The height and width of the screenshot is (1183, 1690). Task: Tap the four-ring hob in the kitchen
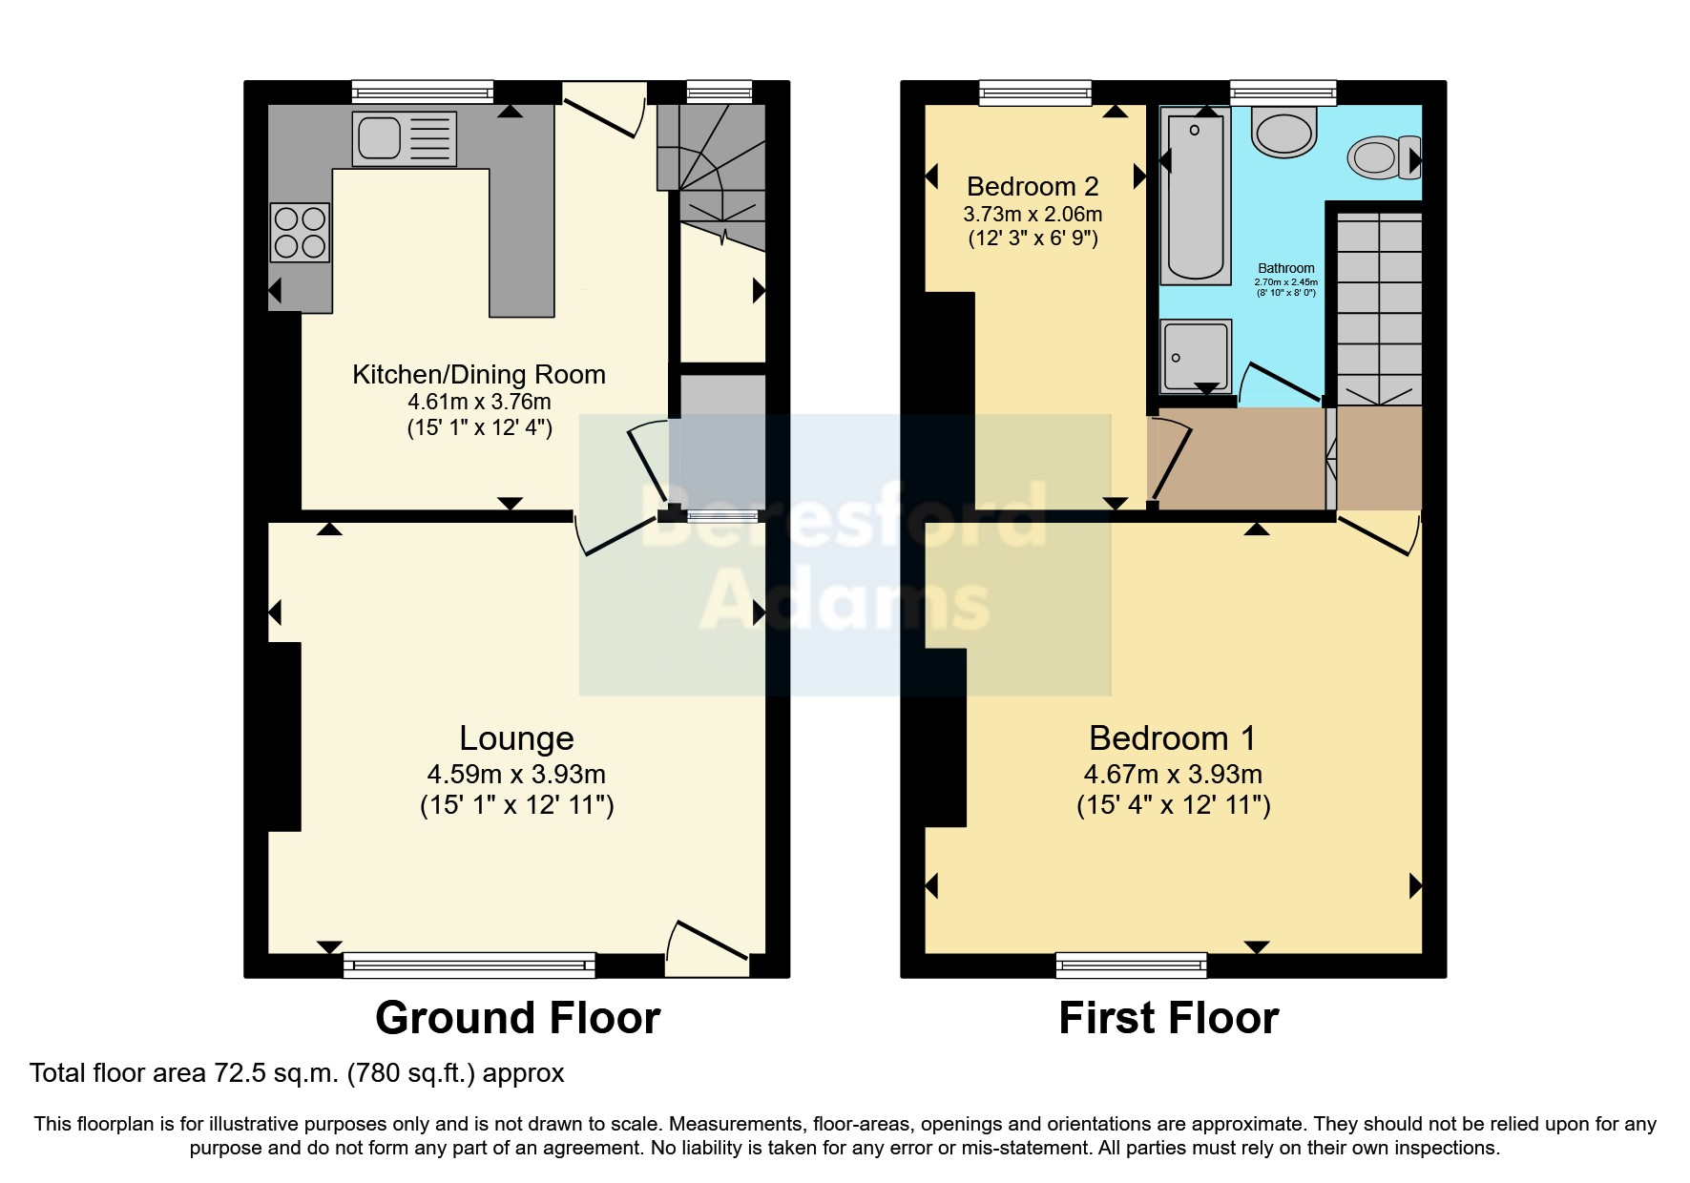pyautogui.click(x=300, y=233)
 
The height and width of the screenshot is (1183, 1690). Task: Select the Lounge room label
pyautogui.click(x=516, y=737)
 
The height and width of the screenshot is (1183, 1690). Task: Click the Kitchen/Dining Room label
pyautogui.click(x=479, y=374)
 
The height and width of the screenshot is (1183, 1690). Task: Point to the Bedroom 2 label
pyautogui.click(x=1033, y=186)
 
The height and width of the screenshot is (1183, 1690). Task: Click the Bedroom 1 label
pyautogui.click(x=1172, y=737)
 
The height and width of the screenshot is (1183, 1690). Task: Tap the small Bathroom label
pyautogui.click(x=1285, y=268)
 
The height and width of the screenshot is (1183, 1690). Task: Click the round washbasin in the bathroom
pyautogui.click(x=1283, y=131)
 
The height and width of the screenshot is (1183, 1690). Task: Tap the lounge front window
pyautogui.click(x=469, y=965)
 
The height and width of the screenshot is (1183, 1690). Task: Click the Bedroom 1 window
pyautogui.click(x=1131, y=965)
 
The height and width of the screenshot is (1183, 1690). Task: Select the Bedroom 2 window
pyautogui.click(x=1035, y=92)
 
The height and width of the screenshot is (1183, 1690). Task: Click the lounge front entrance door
pyautogui.click(x=707, y=949)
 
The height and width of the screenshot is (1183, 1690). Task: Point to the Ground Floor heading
pyautogui.click(x=517, y=1018)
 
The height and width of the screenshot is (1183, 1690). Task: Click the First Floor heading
pyautogui.click(x=1168, y=1018)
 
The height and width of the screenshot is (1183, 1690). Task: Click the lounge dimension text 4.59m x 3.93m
pyautogui.click(x=516, y=774)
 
